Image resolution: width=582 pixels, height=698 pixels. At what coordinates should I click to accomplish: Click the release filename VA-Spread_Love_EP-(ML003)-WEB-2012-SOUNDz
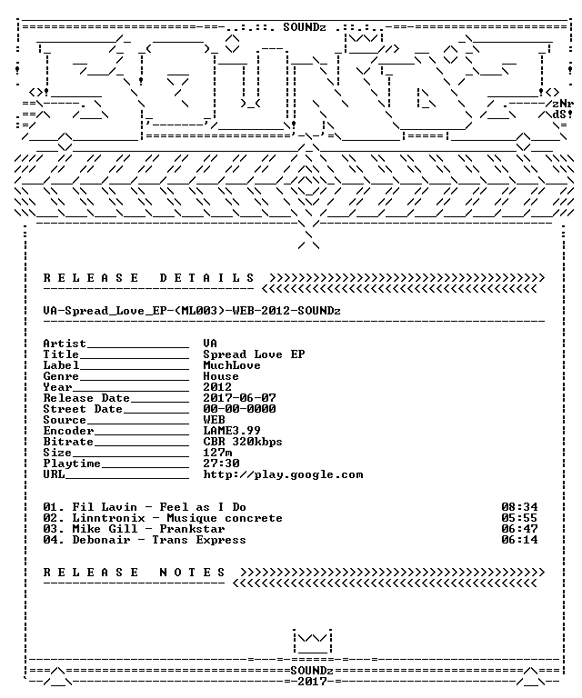click(192, 311)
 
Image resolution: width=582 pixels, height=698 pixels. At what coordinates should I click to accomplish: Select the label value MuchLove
click(232, 365)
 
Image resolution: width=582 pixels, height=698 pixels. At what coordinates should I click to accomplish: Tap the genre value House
click(221, 376)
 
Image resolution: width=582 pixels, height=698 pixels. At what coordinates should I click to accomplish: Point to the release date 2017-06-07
click(239, 398)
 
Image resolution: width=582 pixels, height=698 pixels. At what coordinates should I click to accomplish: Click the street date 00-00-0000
click(239, 409)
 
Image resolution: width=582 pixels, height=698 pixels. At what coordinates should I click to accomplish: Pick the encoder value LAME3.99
click(232, 431)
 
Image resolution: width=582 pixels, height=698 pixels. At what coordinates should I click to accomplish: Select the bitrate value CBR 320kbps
click(243, 442)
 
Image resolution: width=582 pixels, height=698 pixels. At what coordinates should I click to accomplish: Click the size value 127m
click(217, 453)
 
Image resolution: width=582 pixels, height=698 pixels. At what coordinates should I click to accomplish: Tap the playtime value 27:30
click(221, 464)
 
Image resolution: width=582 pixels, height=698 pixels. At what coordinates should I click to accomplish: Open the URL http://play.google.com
click(283, 474)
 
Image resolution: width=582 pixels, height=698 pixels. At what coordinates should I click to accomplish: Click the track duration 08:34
click(519, 507)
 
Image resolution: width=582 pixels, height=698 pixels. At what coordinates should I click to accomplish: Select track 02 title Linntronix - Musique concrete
click(177, 518)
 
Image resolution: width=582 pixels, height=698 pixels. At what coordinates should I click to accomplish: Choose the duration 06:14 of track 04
click(519, 540)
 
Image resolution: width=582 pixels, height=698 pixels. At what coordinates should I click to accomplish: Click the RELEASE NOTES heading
click(134, 573)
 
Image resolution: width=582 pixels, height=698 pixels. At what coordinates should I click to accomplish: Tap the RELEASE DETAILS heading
click(148, 278)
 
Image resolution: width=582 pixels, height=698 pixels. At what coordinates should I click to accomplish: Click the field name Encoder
click(68, 431)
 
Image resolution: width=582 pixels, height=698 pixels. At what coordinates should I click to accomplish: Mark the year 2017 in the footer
click(312, 682)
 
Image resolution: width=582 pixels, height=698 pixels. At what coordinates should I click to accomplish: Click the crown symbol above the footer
click(312, 642)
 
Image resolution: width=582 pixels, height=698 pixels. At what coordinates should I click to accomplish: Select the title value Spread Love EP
click(254, 354)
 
